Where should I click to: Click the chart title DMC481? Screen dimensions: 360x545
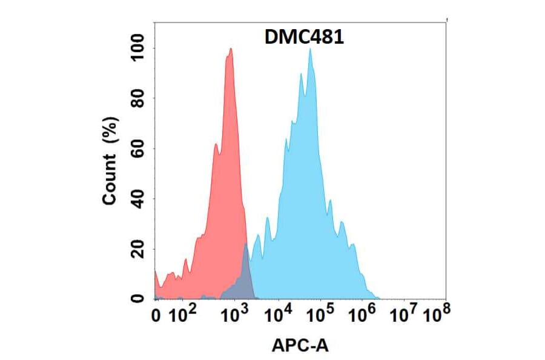coord(305,38)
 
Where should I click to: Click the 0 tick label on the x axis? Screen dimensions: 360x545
coord(157,315)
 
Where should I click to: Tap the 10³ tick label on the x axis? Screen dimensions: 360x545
coord(236,315)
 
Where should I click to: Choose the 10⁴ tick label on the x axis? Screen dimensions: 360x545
coord(280,315)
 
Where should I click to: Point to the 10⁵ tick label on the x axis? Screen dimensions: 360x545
coord(322,315)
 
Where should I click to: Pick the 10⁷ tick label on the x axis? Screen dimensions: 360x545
coord(405,315)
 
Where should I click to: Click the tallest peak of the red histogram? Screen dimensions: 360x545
coord(230,51)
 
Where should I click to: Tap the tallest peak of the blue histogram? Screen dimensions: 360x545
coord(310,51)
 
